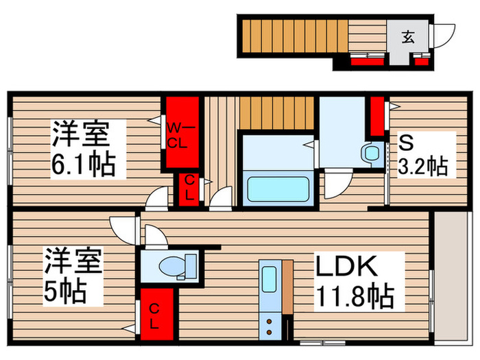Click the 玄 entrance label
pyautogui.click(x=408, y=37)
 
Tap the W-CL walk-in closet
pyautogui.click(x=180, y=134)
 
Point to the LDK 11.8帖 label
pyautogui.click(x=354, y=280)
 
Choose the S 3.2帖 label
pyautogui.click(x=422, y=156)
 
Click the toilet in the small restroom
pyautogui.click(x=168, y=265)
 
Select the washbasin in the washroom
pyautogui.click(x=372, y=152)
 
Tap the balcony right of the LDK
pyautogui.click(x=452, y=274)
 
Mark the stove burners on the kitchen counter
pyautogui.click(x=269, y=322)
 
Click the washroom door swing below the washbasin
pyautogui.click(x=335, y=184)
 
